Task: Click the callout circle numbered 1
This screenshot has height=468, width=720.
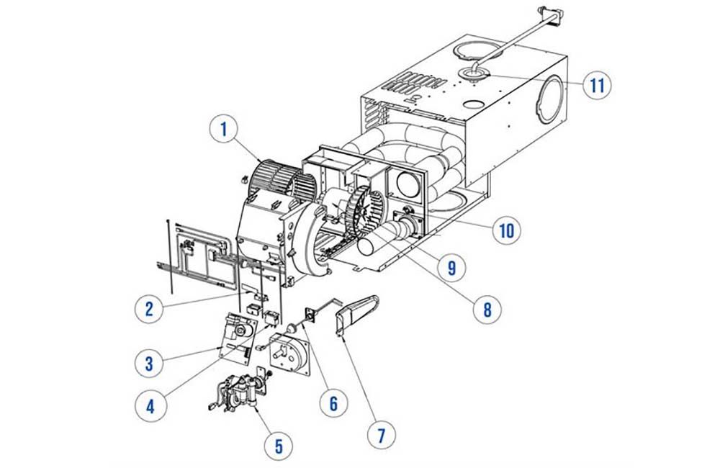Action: click(224, 130)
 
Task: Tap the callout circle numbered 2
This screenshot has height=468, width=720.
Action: click(148, 309)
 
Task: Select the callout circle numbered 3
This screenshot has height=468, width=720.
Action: click(148, 363)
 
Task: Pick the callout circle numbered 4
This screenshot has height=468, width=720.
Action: click(150, 405)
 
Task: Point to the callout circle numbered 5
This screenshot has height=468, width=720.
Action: click(279, 446)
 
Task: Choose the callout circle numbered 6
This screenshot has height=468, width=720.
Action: click(333, 402)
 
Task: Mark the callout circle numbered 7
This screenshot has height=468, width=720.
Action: click(382, 435)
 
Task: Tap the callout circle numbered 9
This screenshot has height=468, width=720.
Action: click(451, 267)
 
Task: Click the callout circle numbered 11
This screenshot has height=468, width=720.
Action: click(596, 85)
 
